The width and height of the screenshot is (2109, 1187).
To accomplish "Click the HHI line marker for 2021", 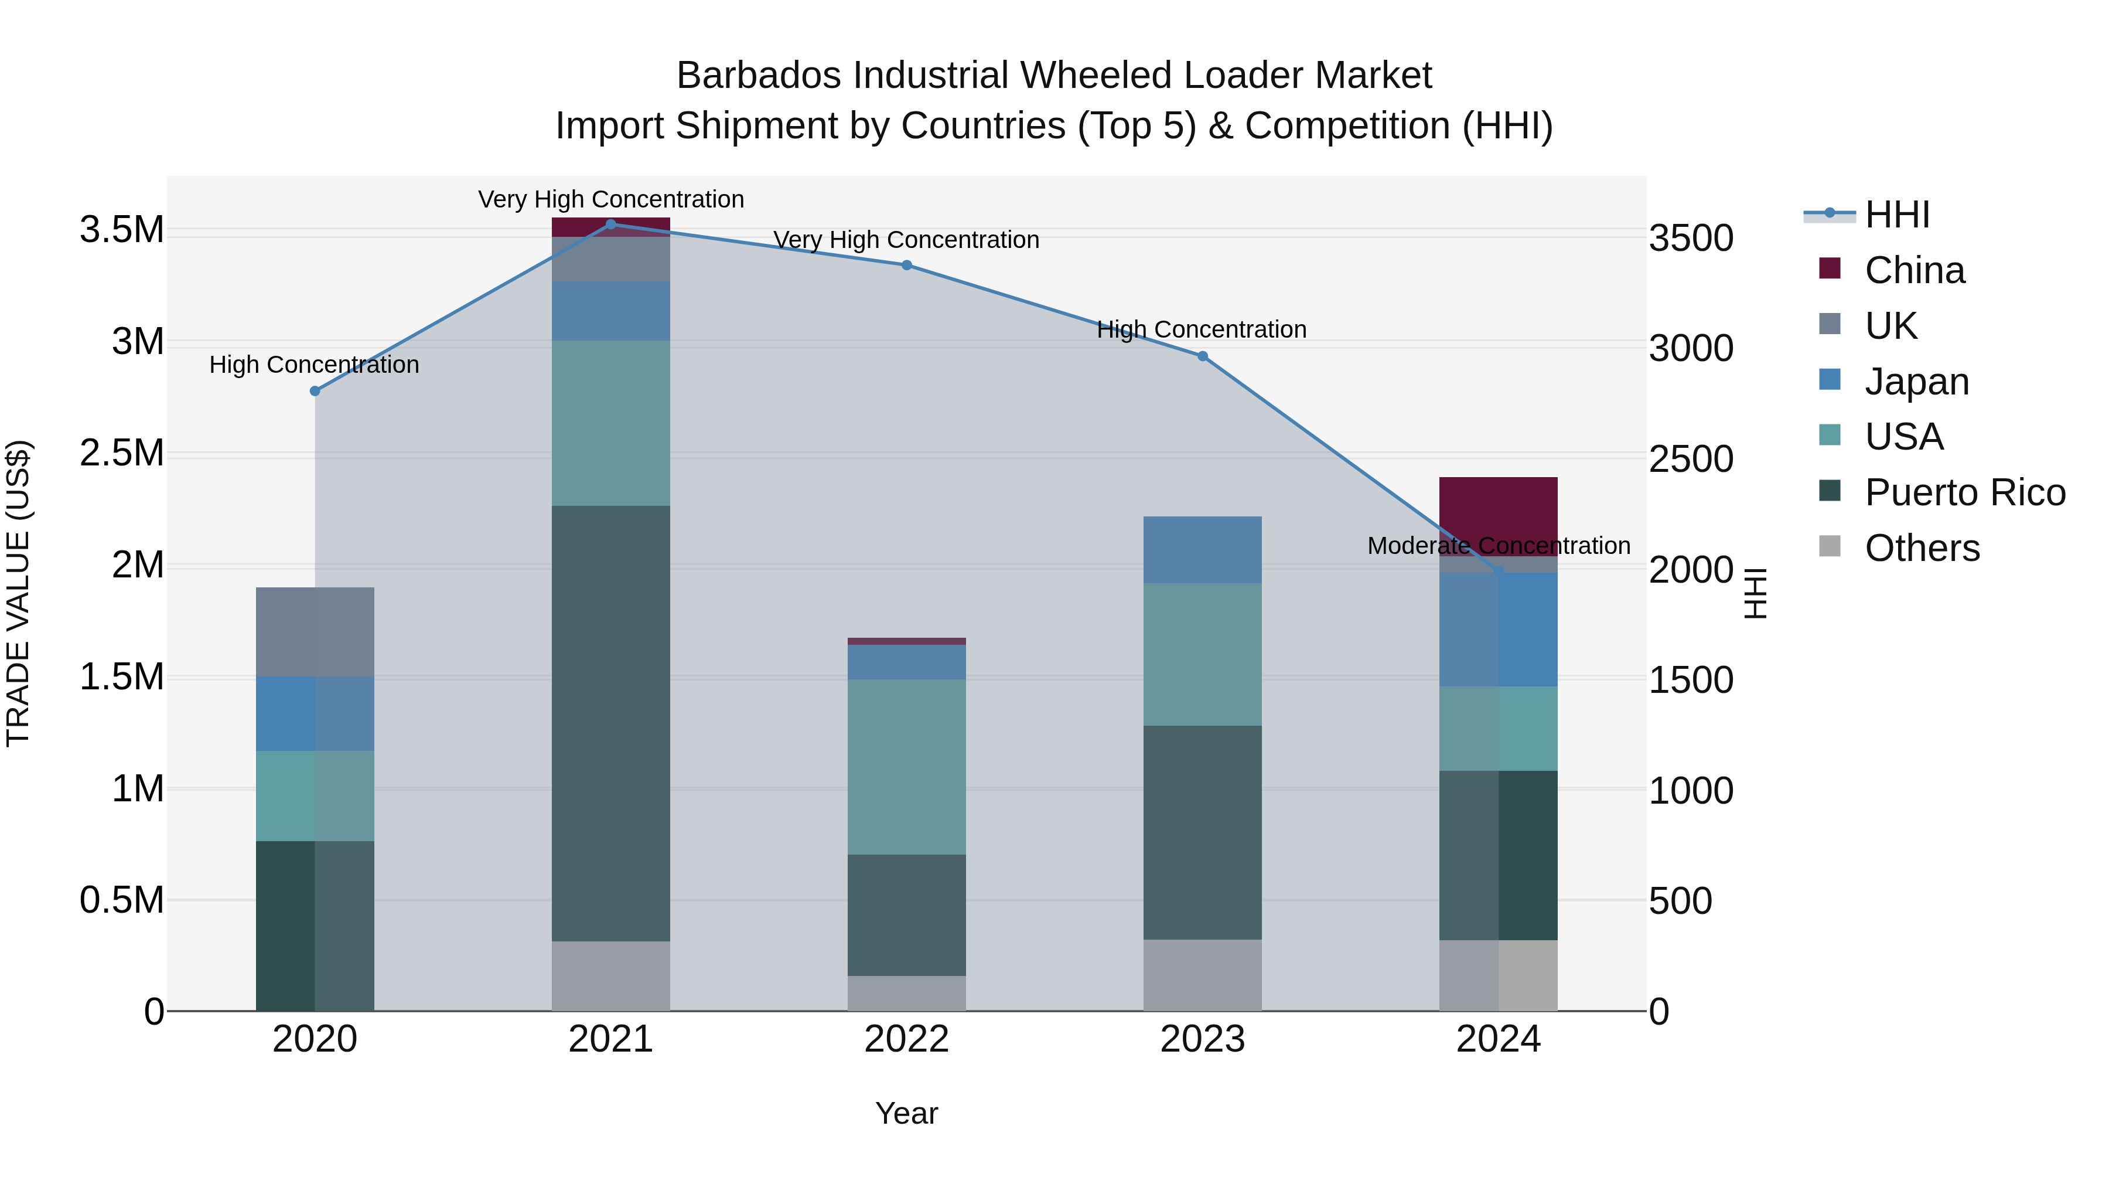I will [611, 225].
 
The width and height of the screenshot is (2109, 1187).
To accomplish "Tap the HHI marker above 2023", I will [1203, 356].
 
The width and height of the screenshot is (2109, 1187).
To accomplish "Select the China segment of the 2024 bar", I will [1498, 512].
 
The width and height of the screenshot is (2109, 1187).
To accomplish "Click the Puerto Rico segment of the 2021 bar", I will [611, 723].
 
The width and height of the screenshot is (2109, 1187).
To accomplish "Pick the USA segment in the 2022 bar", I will [906, 767].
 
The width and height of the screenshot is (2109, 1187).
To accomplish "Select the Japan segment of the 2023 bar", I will [1203, 550].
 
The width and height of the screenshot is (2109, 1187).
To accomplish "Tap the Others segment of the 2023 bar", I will [1203, 975].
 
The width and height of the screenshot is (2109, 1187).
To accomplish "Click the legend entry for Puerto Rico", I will [1965, 492].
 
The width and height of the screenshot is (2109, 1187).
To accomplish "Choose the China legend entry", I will [1914, 270].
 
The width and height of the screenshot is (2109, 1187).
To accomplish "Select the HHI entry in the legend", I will [1896, 215].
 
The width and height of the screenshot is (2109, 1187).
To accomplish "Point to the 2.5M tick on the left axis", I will [122, 453].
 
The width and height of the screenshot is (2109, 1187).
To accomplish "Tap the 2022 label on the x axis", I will [906, 1039].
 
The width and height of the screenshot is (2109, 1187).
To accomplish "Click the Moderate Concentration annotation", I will [1498, 546].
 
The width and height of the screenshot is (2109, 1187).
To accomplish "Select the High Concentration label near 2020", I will [315, 365].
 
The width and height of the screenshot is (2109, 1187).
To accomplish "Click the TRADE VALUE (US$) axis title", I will [18, 593].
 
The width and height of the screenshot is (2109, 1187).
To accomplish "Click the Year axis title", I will [906, 1113].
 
